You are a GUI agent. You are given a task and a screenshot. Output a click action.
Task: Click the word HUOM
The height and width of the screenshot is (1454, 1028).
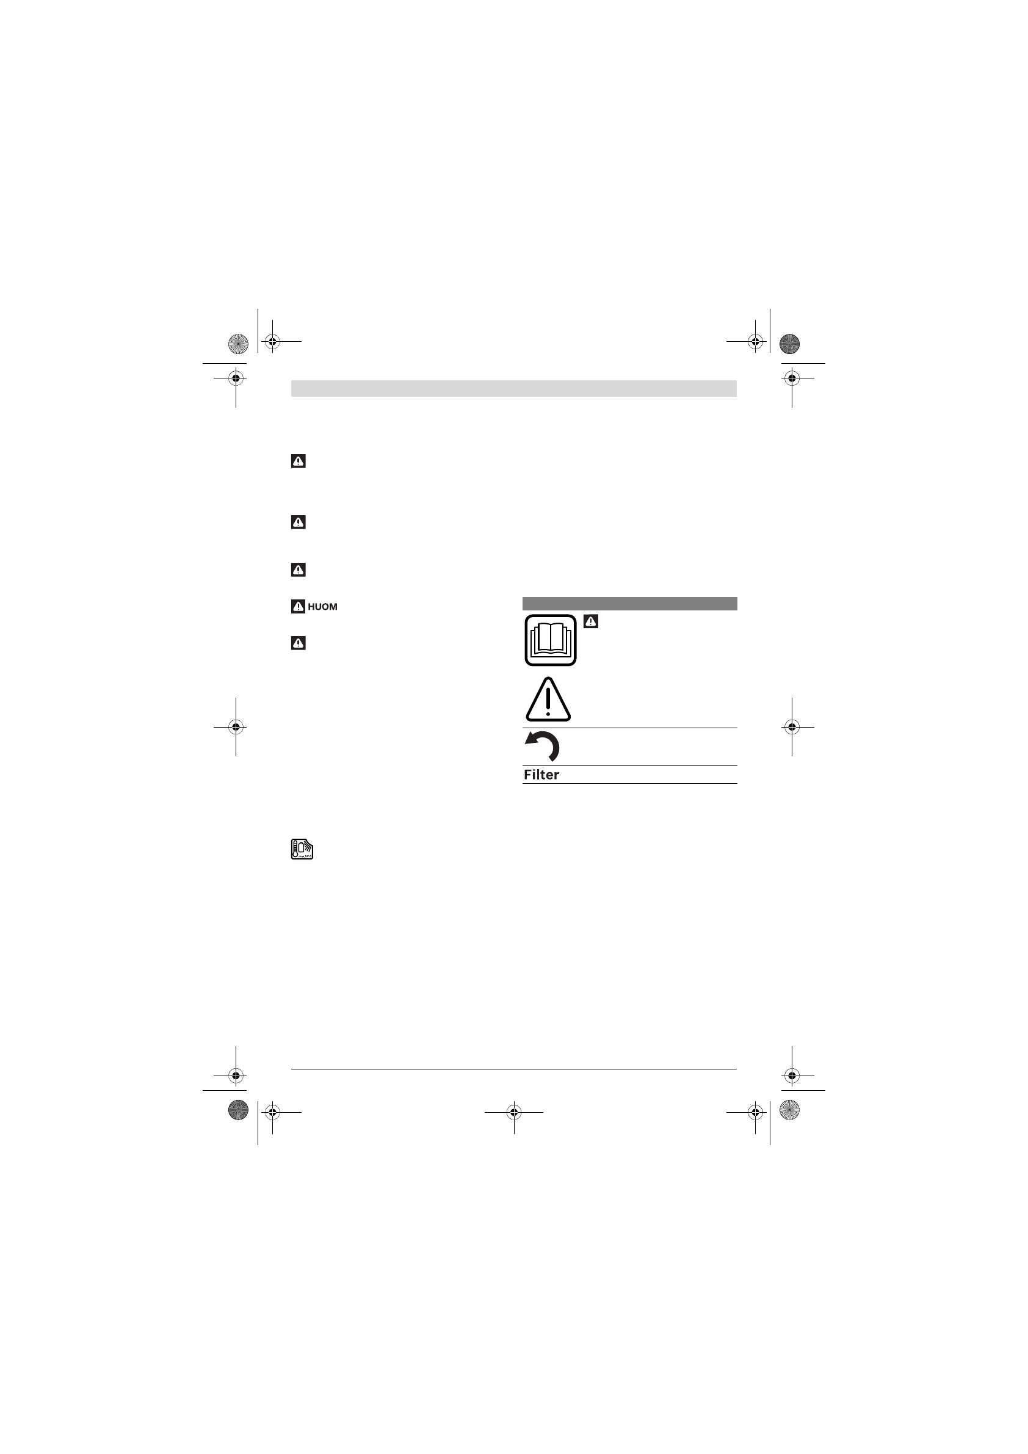(x=322, y=607)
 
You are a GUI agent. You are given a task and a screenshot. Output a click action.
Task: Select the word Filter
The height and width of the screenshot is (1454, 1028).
(x=541, y=775)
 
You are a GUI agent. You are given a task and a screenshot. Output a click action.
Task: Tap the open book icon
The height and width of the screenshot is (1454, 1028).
(x=551, y=640)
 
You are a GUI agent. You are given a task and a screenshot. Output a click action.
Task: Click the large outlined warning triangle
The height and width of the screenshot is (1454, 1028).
(x=549, y=700)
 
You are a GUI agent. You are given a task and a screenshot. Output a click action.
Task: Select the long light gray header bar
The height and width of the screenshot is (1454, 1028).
(x=513, y=388)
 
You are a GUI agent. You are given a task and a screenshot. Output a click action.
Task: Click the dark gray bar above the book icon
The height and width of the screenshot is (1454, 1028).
(x=629, y=604)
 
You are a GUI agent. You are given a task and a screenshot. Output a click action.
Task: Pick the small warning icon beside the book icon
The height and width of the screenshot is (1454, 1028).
(x=591, y=621)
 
